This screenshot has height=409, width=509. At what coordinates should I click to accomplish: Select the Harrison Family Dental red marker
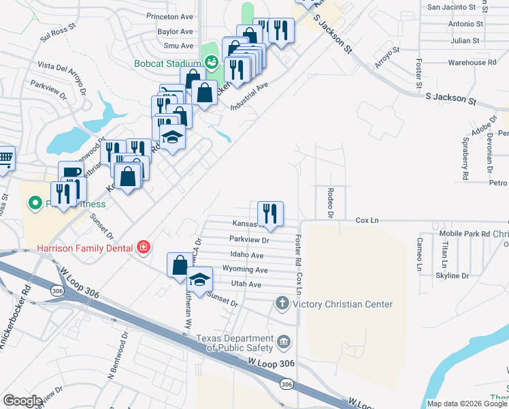click(143, 247)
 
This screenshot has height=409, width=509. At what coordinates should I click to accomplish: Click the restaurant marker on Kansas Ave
click(271, 213)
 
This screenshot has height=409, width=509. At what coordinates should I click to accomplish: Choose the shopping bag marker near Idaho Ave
click(180, 264)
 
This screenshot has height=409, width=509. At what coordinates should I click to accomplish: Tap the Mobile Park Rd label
click(466, 234)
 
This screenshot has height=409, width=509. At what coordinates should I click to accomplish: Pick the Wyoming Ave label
click(245, 270)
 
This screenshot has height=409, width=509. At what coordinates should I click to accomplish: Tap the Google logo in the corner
click(22, 401)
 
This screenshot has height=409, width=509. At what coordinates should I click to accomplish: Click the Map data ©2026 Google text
click(466, 404)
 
